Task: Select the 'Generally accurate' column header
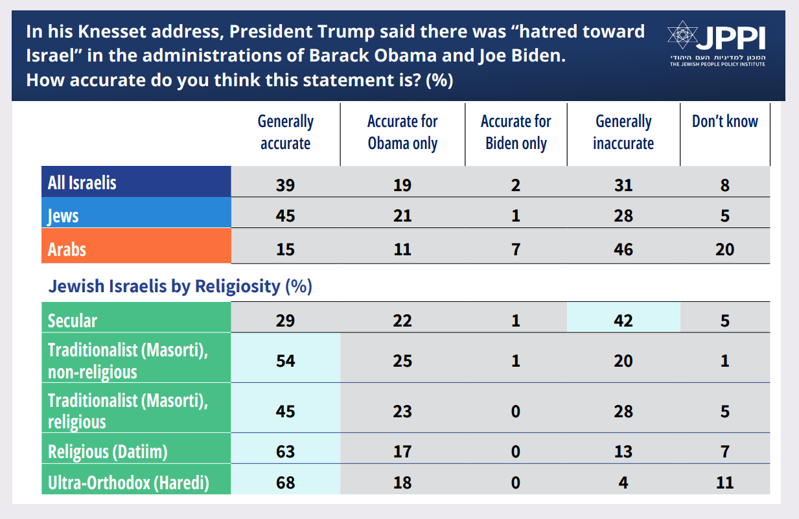click(285, 132)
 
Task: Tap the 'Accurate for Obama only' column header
click(402, 132)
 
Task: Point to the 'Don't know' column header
click(724, 122)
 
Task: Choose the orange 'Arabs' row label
click(67, 249)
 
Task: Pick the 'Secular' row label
click(73, 321)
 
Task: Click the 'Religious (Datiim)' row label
click(108, 452)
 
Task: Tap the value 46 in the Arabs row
click(623, 249)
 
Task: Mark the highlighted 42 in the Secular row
click(623, 321)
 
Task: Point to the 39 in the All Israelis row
click(285, 185)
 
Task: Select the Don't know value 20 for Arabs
click(724, 249)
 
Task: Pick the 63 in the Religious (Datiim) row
click(285, 452)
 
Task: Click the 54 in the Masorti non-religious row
click(285, 361)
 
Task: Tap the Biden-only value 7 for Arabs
click(515, 249)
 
